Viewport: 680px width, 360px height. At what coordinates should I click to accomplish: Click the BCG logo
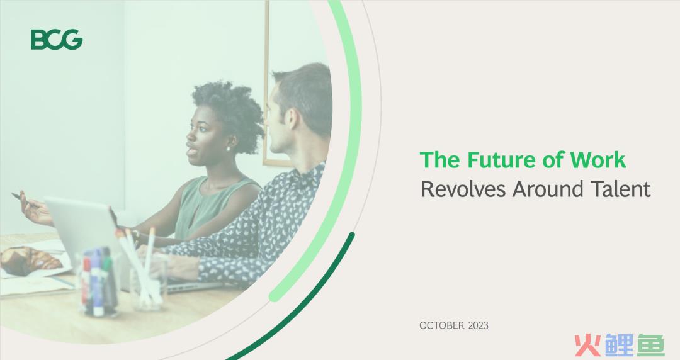coord(57,40)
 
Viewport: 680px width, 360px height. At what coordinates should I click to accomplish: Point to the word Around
coord(548,189)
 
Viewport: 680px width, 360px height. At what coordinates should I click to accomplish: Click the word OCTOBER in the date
coord(441,325)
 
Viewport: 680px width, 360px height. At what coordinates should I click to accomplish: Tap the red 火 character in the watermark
coord(587,346)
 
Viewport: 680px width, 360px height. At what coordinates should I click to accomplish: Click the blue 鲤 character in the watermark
coord(618,346)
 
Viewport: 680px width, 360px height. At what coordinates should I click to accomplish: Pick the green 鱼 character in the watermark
coord(650,346)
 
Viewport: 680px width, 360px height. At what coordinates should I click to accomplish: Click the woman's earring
coord(229,149)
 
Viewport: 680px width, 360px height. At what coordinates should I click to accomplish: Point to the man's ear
coord(293,120)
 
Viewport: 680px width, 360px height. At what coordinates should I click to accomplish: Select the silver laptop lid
coord(82,225)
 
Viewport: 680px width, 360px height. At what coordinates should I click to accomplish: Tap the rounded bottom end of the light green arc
coord(274,297)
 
